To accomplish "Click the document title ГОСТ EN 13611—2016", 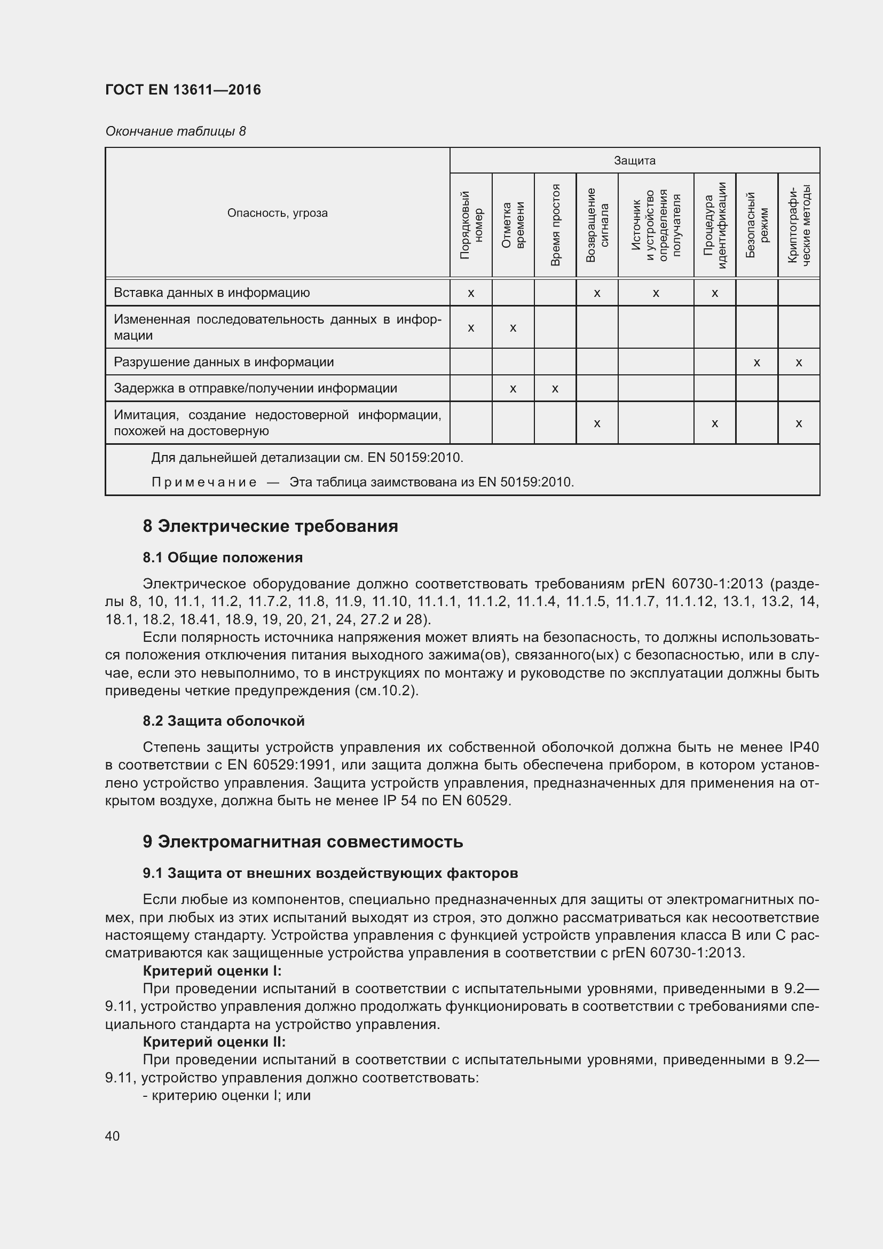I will tap(183, 90).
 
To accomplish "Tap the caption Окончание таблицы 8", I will tap(175, 131).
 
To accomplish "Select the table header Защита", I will tap(634, 161).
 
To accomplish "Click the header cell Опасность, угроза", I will tap(277, 213).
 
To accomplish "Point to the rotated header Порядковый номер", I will tap(471, 225).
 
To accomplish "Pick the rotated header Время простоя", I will tap(555, 225).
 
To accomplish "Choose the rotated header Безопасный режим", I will tap(756, 225).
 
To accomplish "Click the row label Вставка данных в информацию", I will tap(211, 293).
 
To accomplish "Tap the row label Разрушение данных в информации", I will tap(224, 362).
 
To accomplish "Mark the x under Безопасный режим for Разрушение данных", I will tap(756, 362).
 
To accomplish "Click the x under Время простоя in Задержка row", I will tap(555, 389).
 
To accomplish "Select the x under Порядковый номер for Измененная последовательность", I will tap(471, 328).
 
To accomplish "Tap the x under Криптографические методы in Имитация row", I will tap(798, 423).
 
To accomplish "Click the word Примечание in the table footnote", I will tap(204, 482).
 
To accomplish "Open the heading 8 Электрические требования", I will tap(270, 526).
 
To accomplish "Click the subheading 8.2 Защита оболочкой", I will tap(224, 721).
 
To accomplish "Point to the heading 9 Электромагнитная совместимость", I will tap(303, 842).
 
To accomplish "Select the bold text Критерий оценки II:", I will tap(214, 1042).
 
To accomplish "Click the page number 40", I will tap(113, 1136).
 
